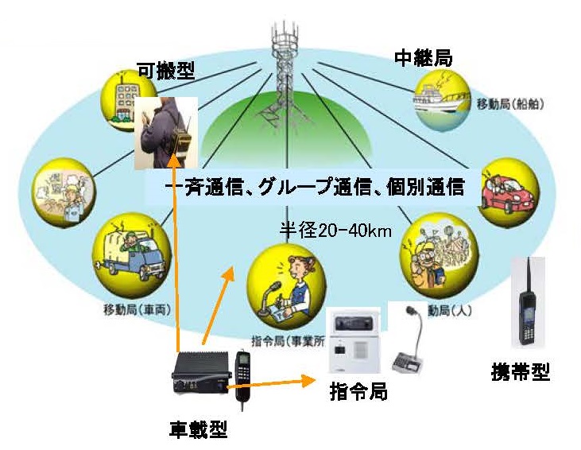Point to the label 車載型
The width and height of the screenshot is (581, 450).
[199, 430]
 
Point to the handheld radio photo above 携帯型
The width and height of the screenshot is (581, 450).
[526, 302]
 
